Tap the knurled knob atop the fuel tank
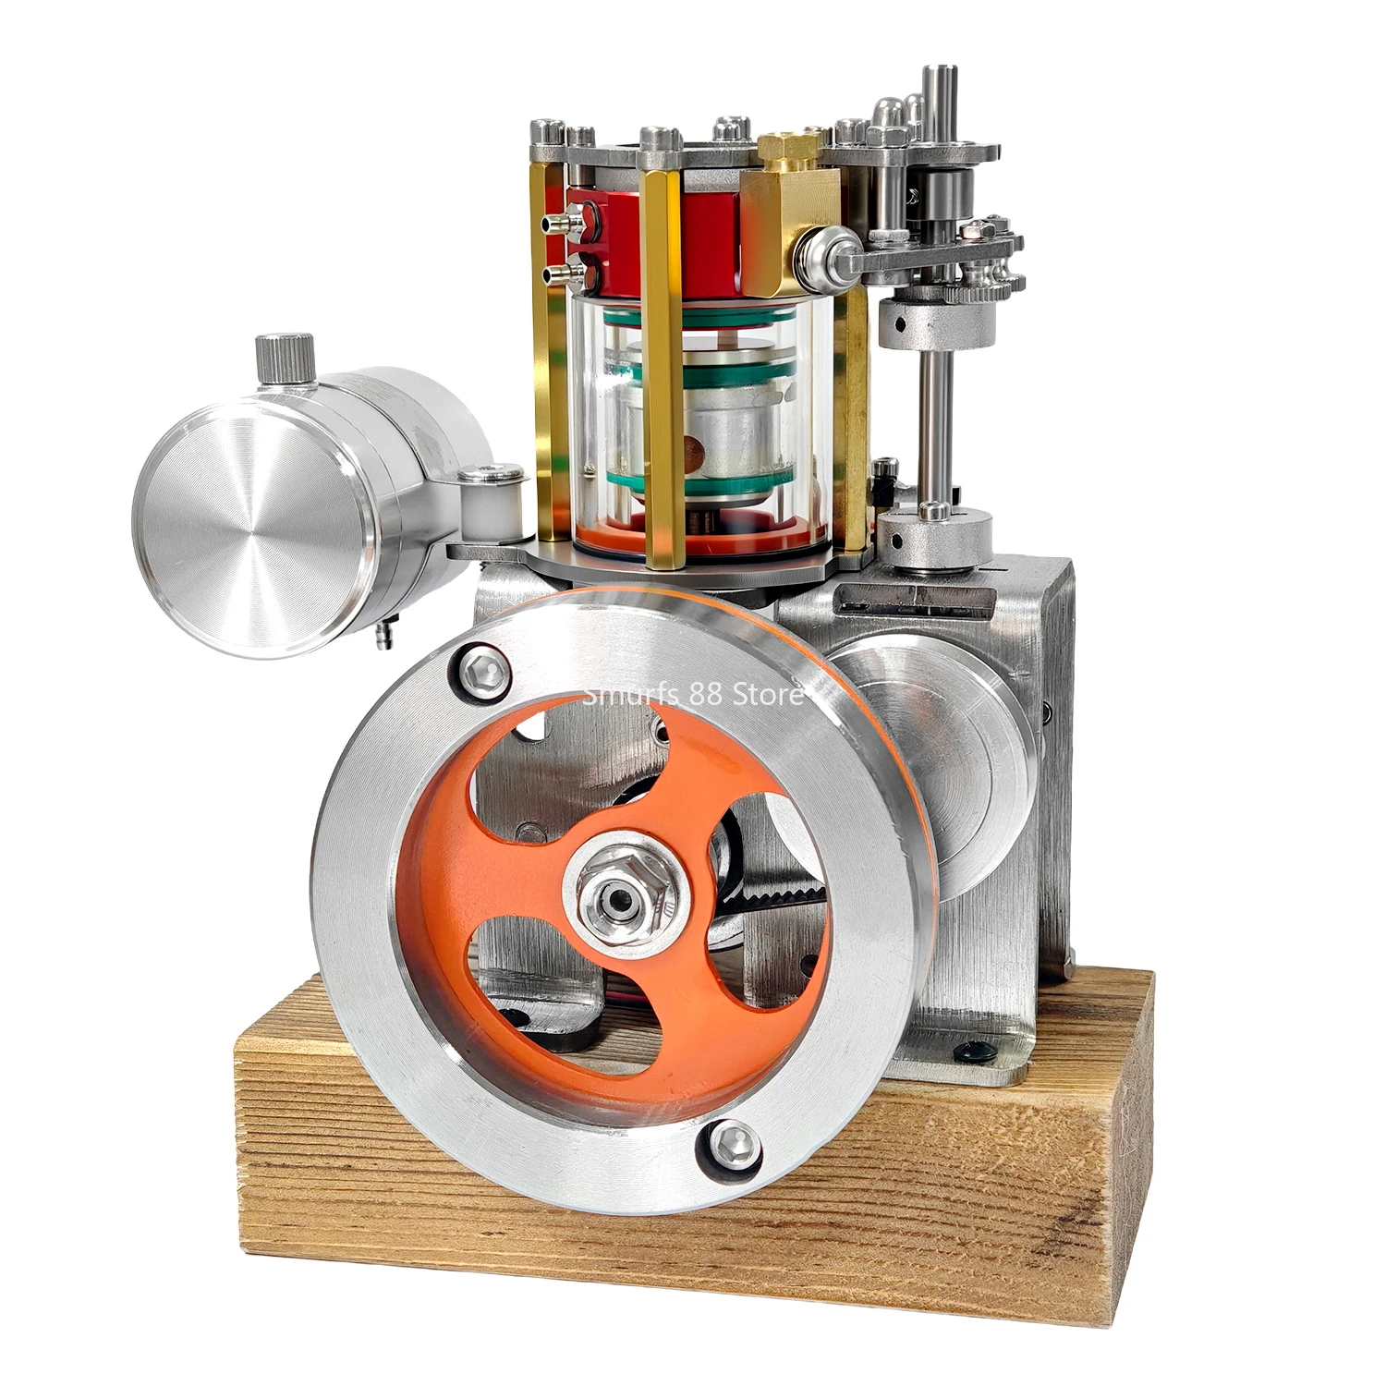[285, 359]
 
